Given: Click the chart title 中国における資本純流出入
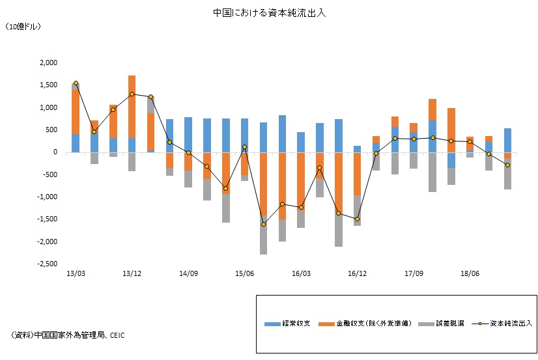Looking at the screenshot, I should pos(269,12).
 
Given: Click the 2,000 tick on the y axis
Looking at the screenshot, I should pos(49,62).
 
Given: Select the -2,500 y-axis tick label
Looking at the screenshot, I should pos(48,264).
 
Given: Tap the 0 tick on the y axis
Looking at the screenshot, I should pos(55,152).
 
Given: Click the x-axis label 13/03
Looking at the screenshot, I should pos(76,274).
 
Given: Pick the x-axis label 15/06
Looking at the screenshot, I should pos(244,274).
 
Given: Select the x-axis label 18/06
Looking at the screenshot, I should pos(470,274).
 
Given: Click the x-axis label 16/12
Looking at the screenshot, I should pos(358,274).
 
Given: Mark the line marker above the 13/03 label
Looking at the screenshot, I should pos(76,83).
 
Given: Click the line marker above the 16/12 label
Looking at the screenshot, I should pos(358,219).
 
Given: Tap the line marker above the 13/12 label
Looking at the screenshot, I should pos(132,94).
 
